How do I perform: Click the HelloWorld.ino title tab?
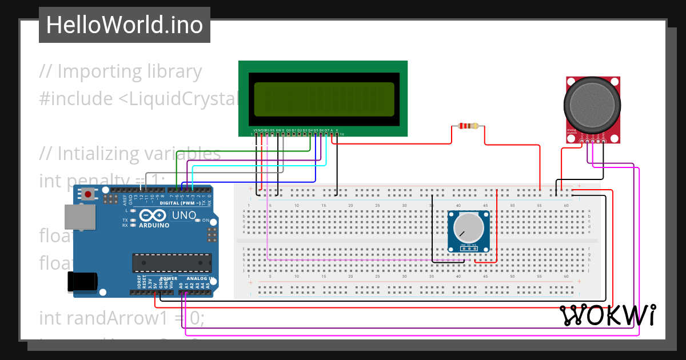pyautogui.click(x=124, y=25)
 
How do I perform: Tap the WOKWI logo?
pyautogui.click(x=607, y=315)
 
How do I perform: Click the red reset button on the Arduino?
pyautogui.click(x=88, y=194)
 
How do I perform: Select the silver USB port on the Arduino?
pyautogui.click(x=80, y=218)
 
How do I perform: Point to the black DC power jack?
pyautogui.click(x=81, y=282)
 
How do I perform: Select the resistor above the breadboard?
pyautogui.click(x=468, y=126)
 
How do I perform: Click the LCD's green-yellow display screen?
pyautogui.click(x=324, y=98)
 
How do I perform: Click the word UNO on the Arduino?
pyautogui.click(x=184, y=215)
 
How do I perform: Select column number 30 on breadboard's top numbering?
pyautogui.click(x=404, y=205)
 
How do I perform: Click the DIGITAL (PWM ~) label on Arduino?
pyautogui.click(x=180, y=203)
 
